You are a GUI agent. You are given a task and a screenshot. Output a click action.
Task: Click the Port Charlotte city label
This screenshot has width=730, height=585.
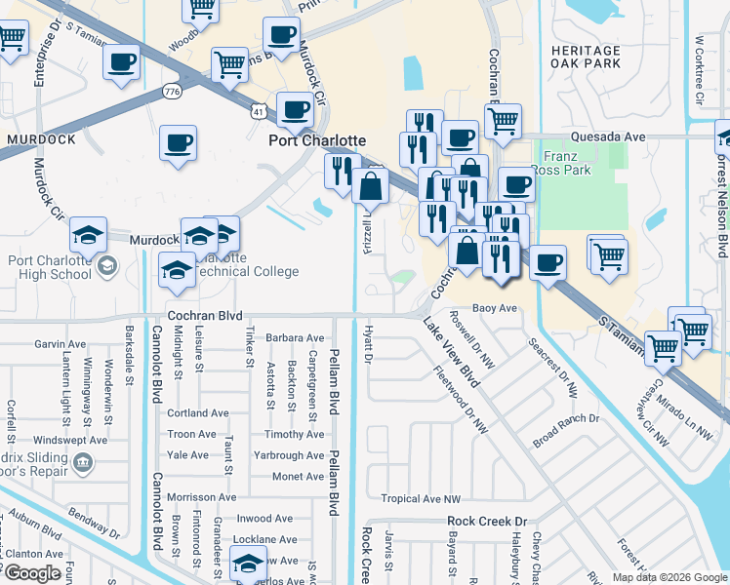tap(317, 140)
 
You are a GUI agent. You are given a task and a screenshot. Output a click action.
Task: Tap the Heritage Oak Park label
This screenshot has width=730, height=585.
tap(585, 58)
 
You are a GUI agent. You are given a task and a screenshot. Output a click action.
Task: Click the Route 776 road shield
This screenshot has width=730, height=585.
tap(173, 91)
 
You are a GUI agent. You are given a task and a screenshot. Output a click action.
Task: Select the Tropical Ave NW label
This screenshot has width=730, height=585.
tap(420, 498)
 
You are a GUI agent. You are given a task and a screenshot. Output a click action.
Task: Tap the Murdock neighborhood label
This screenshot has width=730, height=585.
tap(41, 139)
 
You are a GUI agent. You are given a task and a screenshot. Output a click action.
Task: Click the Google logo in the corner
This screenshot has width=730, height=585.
tap(31, 573)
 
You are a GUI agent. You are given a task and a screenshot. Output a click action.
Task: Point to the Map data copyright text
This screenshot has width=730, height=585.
tap(669, 576)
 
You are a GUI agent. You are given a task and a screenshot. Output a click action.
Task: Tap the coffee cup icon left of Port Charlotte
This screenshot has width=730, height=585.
tap(179, 142)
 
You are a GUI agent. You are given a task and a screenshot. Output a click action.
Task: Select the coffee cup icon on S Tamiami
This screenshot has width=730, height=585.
tap(548, 261)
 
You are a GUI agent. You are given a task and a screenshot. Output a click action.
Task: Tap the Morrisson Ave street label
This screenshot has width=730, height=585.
tap(202, 497)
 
